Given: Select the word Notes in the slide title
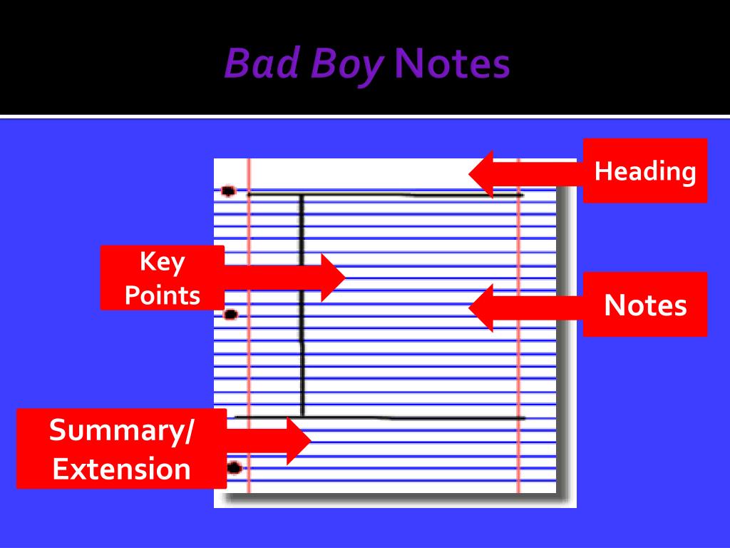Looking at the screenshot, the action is [452, 65].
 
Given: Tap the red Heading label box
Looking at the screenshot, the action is [645, 171].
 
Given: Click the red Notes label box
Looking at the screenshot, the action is [645, 305].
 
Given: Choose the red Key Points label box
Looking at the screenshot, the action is [163, 278].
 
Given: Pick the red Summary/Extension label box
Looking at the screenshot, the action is [122, 450].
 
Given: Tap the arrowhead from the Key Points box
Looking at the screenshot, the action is [332, 278].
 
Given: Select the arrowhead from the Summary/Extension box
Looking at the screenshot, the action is [299, 441].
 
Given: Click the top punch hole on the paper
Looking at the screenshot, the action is [228, 191].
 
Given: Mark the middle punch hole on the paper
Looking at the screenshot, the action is [230, 314].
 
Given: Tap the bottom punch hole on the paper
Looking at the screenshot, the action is [234, 468].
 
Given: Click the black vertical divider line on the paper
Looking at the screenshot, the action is [302, 307].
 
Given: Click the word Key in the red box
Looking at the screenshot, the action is [162, 262].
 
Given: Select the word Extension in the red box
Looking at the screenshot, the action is [122, 470].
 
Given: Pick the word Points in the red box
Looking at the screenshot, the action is [163, 295].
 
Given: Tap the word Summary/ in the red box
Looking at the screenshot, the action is [121, 431].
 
